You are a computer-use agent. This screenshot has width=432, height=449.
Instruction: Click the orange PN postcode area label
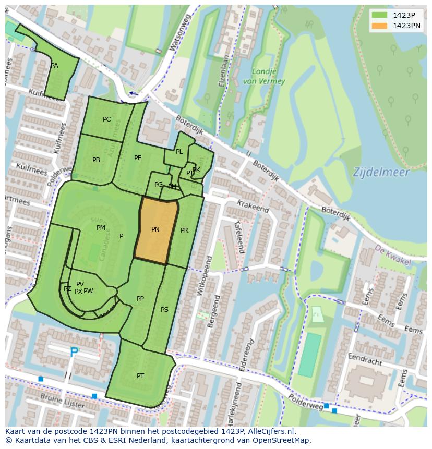coord(155,229)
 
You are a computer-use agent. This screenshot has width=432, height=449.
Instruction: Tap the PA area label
coord(54,66)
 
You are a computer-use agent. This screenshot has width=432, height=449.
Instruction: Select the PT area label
coord(140,376)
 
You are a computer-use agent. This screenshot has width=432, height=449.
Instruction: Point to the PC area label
coord(106,119)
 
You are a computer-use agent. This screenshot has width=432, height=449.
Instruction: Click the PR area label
coord(184,230)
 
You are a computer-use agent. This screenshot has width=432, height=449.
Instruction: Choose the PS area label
coord(164,310)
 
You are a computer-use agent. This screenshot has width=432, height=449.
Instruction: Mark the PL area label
coord(179,152)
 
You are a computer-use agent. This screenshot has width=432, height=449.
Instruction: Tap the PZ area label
coord(67,289)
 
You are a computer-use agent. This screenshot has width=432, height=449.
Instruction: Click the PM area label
coord(101,228)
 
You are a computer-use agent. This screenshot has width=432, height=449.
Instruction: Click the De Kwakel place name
coord(392,257)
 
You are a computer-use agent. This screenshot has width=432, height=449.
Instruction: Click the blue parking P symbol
coord(75,353)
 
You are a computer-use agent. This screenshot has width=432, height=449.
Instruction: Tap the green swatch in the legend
coord(380,15)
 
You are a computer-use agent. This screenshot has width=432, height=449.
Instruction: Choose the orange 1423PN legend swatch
coord(380,26)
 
